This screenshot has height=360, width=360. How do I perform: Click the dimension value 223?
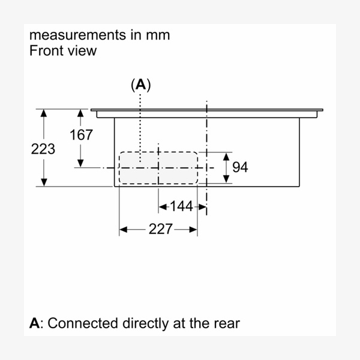click(x=43, y=149)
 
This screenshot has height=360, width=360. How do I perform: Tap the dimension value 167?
click(x=81, y=135)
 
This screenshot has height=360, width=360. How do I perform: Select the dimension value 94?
click(x=240, y=167)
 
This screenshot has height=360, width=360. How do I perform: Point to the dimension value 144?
click(x=181, y=206)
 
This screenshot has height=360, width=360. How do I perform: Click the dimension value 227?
click(x=160, y=229)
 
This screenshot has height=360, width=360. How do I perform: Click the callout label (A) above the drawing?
click(x=140, y=85)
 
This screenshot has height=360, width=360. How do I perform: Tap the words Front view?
click(x=62, y=50)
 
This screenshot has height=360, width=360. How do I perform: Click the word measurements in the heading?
click(x=78, y=34)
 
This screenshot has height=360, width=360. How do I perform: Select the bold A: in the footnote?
click(x=36, y=323)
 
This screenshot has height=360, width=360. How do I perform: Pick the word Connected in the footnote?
click(x=83, y=323)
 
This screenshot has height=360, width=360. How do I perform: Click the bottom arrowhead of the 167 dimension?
click(x=80, y=163)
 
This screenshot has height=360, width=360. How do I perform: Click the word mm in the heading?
click(x=159, y=34)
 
